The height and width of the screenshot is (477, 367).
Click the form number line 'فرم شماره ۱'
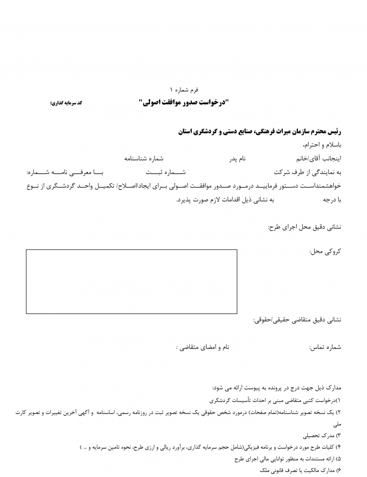click(184, 88)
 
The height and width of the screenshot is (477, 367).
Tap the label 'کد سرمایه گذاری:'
click(66, 103)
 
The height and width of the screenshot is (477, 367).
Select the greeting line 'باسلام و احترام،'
click(321, 144)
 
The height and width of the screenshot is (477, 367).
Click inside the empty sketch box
click(131, 281)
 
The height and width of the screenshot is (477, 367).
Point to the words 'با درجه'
click(331, 200)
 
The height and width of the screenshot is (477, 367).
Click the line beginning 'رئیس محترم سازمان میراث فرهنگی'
click(259, 132)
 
